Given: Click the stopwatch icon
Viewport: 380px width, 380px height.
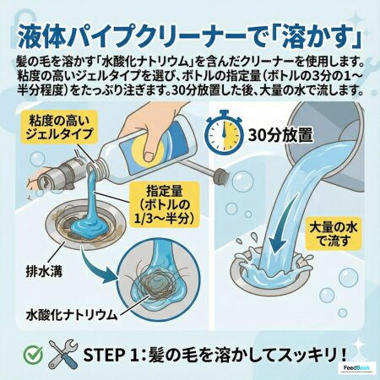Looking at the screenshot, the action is (x=224, y=132).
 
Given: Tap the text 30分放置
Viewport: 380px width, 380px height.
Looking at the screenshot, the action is (x=280, y=135).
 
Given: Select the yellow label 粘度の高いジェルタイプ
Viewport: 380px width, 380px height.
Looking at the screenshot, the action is (x=59, y=127).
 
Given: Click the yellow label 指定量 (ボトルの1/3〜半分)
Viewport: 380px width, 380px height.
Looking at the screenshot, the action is (x=165, y=204).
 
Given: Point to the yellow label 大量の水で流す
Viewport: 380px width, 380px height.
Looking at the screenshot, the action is (x=334, y=233).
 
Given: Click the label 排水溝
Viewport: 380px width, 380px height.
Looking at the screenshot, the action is (x=44, y=272).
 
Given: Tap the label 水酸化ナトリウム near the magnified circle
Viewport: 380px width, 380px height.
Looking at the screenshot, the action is (x=72, y=315).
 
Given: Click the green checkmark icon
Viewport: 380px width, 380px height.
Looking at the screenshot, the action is (x=33, y=354).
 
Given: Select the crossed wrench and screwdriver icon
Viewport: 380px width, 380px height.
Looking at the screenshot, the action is (x=62, y=354).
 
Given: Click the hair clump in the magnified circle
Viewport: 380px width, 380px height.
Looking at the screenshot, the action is (x=147, y=283).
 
